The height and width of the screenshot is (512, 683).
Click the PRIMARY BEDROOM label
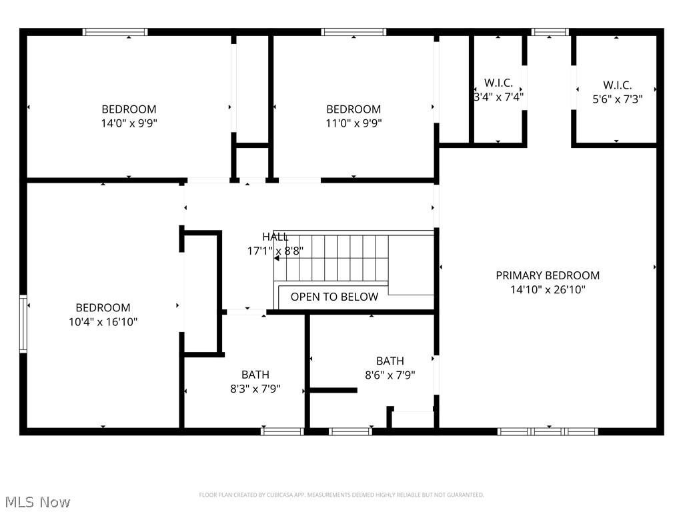[547, 275]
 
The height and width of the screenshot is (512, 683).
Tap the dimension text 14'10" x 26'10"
[547, 289]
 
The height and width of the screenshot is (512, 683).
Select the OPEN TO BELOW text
[334, 297]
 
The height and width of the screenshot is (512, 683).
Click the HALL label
[275, 237]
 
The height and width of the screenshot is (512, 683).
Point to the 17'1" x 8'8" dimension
[275, 251]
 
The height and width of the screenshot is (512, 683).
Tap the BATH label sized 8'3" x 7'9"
[255, 375]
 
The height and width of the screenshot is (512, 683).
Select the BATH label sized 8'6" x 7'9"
[390, 361]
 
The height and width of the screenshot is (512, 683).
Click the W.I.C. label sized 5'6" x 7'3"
[617, 85]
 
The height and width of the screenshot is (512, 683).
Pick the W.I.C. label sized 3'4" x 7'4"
[498, 83]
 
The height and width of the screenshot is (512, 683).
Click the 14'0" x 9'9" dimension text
[129, 123]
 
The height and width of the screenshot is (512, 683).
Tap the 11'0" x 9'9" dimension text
[354, 123]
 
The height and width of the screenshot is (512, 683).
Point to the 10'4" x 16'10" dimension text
[103, 321]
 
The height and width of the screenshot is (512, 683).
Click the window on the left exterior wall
[23, 324]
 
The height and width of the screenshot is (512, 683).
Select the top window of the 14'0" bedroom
[115, 31]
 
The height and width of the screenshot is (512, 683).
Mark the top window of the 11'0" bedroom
[354, 31]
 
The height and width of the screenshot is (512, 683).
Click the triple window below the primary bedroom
[548, 431]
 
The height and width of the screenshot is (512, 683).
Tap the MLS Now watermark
[37, 501]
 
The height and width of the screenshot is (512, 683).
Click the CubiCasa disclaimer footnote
[341, 495]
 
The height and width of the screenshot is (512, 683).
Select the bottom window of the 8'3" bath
[282, 431]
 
